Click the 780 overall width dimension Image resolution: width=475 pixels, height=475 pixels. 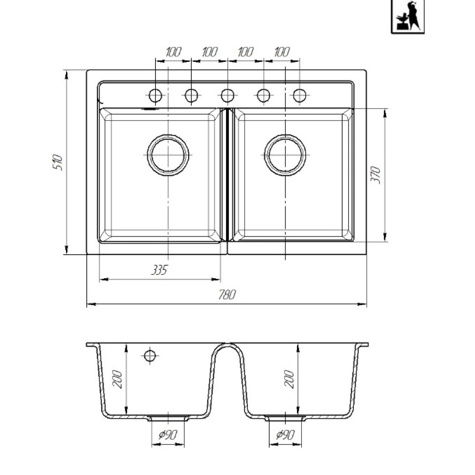[x=227, y=294]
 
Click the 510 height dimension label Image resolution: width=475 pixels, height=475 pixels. [x=58, y=162]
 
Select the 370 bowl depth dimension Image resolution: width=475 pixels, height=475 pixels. [x=376, y=174]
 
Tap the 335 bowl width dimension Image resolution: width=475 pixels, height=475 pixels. [x=159, y=270]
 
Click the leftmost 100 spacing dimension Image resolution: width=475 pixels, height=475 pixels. [x=173, y=52]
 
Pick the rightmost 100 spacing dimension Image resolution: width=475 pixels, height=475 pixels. [x=282, y=52]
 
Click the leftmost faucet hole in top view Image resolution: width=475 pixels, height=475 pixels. [x=155, y=96]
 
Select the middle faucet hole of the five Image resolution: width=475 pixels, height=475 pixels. [x=228, y=96]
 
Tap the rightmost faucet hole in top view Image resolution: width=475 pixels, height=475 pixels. [x=300, y=96]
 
